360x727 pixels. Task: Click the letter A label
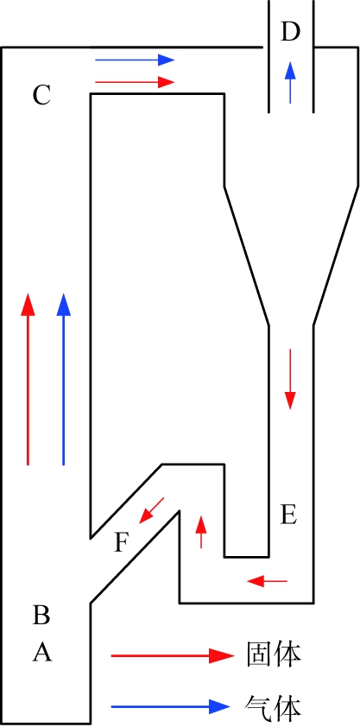pos(42,653)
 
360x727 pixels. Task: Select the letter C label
pos(41,96)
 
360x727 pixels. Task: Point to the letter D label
pos(290,33)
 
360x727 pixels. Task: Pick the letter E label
pos(288,515)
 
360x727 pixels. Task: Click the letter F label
pos(121,543)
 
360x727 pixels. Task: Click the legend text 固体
pos(273,654)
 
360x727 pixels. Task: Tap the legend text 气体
pos(273,706)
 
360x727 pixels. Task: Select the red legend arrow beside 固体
pos(173,655)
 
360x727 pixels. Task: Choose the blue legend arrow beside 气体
pos(170,706)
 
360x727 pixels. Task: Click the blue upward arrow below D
pos(290,83)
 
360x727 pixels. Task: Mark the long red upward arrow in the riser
pos(28,379)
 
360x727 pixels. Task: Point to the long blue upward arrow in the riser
pos(64,379)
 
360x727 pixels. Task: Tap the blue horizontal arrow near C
pos(135,60)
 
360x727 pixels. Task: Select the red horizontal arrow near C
pos(135,82)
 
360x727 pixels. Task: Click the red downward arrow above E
pos(290,379)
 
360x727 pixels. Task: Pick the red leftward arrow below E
pos(268,580)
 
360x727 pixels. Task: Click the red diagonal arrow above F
pos(151,510)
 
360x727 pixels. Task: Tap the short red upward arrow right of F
pos(201,532)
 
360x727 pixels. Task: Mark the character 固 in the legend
pos(259,654)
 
